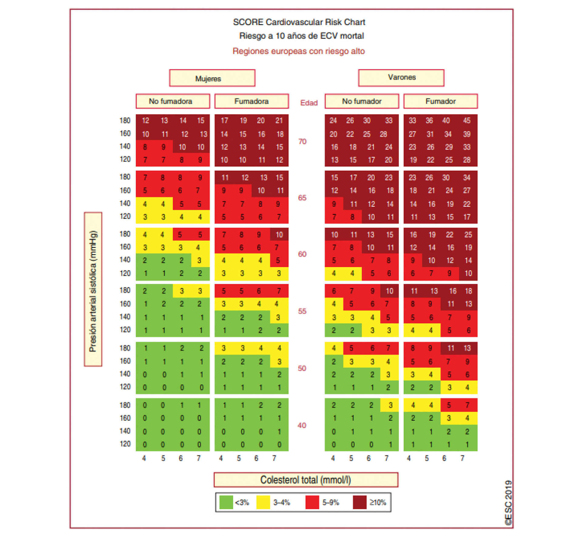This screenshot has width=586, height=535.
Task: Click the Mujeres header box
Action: (x=212, y=78)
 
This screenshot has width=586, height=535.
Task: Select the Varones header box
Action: (x=401, y=78)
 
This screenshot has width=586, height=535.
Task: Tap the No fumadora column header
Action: (x=172, y=101)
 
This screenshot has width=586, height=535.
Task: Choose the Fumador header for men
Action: (x=440, y=101)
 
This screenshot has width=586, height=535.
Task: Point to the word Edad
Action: (x=309, y=103)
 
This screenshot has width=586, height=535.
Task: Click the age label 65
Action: (x=302, y=198)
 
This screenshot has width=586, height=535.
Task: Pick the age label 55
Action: (x=302, y=311)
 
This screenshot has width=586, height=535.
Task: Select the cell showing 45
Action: (x=467, y=121)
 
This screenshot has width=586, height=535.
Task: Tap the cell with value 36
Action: (x=429, y=121)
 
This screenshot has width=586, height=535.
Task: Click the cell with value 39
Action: (x=467, y=134)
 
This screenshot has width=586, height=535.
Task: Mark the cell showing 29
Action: (x=449, y=147)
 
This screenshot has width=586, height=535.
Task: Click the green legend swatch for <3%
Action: (x=226, y=502)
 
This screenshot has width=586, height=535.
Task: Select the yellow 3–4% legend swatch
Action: (x=263, y=502)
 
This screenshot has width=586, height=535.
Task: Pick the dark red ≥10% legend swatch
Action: (x=359, y=502)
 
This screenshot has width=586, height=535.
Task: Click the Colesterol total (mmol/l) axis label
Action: (x=306, y=480)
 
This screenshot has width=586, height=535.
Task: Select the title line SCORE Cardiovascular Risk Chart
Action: (x=299, y=22)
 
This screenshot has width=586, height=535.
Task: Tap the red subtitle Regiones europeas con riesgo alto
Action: (x=299, y=51)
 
